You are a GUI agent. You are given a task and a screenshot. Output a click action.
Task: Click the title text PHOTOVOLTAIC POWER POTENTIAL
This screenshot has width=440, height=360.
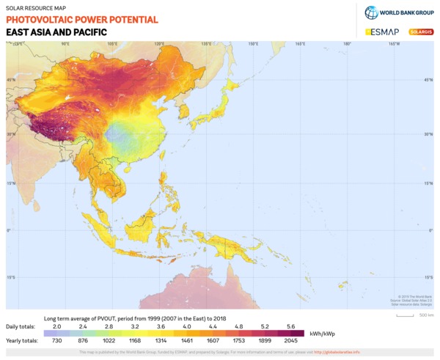pyautogui.click(x=81, y=20)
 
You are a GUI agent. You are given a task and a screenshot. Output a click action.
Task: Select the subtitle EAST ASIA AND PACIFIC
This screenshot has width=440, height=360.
pyautogui.click(x=56, y=33)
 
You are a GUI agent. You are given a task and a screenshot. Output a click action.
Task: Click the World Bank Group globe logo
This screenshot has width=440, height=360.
pyautogui.click(x=371, y=12)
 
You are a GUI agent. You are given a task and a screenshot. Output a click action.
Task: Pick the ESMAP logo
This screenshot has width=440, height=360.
pyautogui.click(x=381, y=32)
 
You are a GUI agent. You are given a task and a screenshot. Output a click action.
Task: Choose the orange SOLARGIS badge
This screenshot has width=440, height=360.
pyautogui.click(x=421, y=32)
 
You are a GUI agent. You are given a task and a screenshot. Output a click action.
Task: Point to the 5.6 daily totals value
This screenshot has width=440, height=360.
pyautogui.click(x=291, y=326)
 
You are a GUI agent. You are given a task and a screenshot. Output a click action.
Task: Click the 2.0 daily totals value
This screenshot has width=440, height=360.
pyautogui.click(x=57, y=326)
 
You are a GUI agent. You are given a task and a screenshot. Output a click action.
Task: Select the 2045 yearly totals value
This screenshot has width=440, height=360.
pyautogui.click(x=291, y=341)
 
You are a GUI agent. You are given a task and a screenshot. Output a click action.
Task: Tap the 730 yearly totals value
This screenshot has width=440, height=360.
pyautogui.click(x=57, y=341)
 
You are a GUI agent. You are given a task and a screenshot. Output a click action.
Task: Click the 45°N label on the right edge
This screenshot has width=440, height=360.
pyautogui.click(x=427, y=80)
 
